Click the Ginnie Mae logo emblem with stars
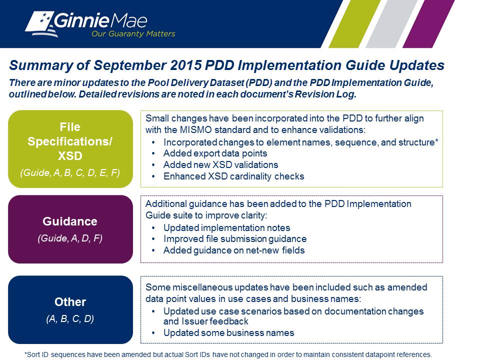(41, 24)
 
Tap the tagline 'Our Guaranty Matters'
(133, 33)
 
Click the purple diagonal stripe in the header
(428, 24)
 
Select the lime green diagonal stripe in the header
(355, 24)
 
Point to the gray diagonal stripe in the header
(392, 24)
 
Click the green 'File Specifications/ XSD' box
(70, 149)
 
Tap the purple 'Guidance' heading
(70, 221)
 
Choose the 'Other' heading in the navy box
(70, 302)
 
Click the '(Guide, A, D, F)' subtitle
(70, 238)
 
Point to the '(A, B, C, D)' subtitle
(70, 318)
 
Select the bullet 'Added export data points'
(215, 153)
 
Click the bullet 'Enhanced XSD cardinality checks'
(234, 176)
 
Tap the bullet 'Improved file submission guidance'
(235, 239)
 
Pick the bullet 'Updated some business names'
(228, 333)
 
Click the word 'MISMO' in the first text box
(195, 130)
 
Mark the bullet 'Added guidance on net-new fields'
(234, 250)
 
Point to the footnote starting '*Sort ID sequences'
(228, 354)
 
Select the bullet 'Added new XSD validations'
(220, 164)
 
